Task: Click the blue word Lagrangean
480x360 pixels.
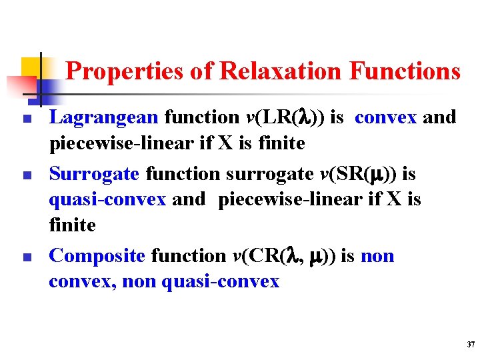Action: point(103,118)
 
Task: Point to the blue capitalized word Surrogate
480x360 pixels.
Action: point(94,174)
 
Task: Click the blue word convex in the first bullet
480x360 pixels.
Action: point(385,118)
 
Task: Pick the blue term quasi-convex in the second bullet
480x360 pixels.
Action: point(107,200)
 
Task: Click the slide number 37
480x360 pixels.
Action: point(471,345)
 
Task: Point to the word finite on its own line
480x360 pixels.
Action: point(73,225)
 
